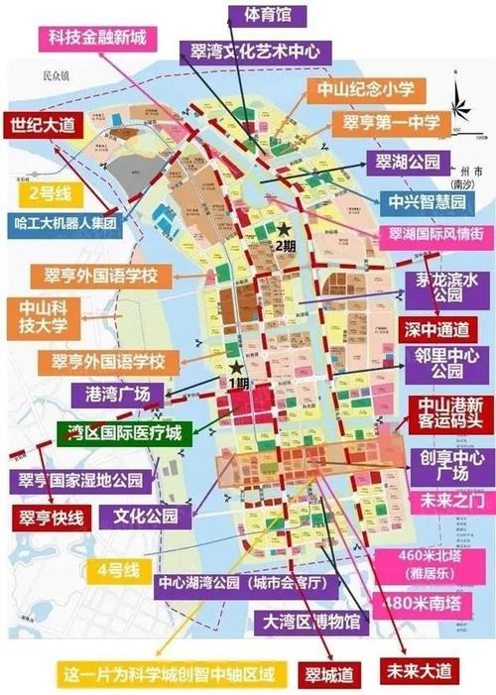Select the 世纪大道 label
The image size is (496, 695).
click(43, 127)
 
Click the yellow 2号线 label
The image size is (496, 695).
click(47, 192)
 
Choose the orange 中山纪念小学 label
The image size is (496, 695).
click(364, 89)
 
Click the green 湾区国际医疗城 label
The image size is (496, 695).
click(109, 432)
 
